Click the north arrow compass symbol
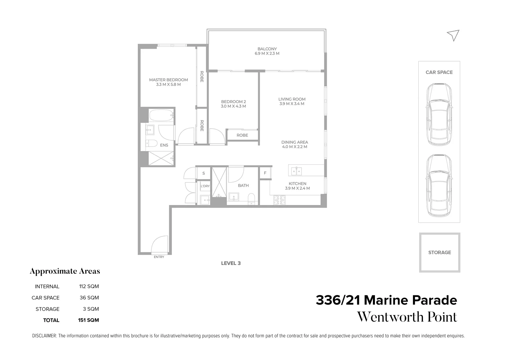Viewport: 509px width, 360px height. [453, 35]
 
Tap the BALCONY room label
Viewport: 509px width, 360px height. [267, 49]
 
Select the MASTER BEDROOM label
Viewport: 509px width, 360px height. [168, 80]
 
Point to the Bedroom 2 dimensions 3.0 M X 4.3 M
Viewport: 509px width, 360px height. [233, 106]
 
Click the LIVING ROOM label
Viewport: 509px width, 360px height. [292, 99]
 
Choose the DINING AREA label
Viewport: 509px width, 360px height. [295, 142]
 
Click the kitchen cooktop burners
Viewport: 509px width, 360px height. [280, 200]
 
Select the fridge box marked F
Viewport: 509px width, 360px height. [265, 173]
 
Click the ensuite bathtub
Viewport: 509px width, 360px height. [161, 116]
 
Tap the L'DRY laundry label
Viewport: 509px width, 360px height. [205, 186]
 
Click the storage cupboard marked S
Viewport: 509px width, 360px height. [203, 173]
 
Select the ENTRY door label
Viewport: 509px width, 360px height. [159, 257]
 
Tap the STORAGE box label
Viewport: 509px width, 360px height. [439, 252]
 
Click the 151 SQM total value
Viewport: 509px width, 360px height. [88, 320]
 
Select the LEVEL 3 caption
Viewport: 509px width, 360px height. [231, 263]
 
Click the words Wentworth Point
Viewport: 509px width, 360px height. [407, 317]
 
